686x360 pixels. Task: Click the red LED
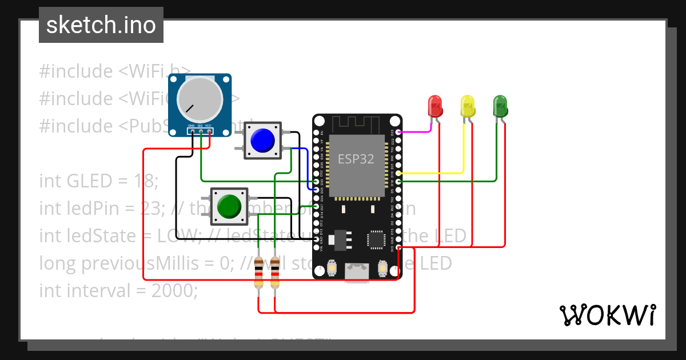pyautogui.click(x=435, y=106)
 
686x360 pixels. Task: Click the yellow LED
pyautogui.click(x=468, y=106)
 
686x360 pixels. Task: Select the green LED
pyautogui.click(x=500, y=106)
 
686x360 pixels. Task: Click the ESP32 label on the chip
pyautogui.click(x=356, y=159)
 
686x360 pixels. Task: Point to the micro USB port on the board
pyautogui.click(x=357, y=273)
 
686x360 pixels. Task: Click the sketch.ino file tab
pyautogui.click(x=101, y=25)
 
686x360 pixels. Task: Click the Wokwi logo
pyautogui.click(x=607, y=315)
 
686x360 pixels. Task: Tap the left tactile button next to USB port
pyautogui.click(x=332, y=267)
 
